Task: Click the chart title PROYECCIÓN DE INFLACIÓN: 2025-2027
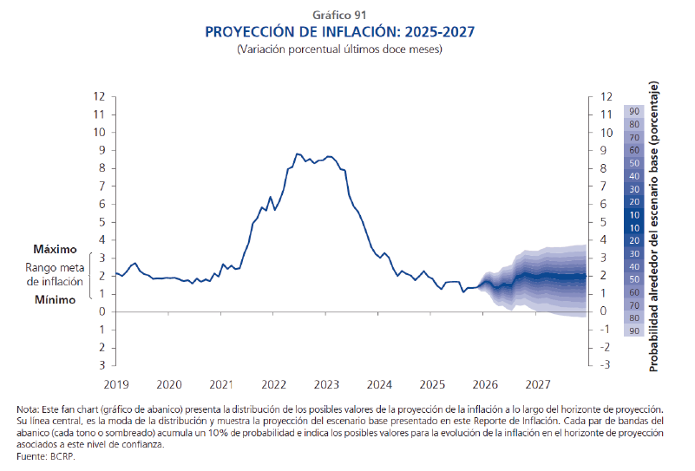coord(340,32)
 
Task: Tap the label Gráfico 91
coord(340,14)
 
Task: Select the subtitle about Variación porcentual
coord(340,50)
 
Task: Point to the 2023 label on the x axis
coord(326,383)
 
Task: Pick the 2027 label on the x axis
coord(538,383)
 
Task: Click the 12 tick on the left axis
coord(100,96)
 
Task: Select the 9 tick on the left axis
coord(102,150)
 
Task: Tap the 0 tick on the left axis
coord(102,311)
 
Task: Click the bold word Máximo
coord(56,249)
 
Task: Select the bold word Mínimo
coord(56,299)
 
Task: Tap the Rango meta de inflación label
coord(56,274)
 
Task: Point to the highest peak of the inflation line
coord(297,154)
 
